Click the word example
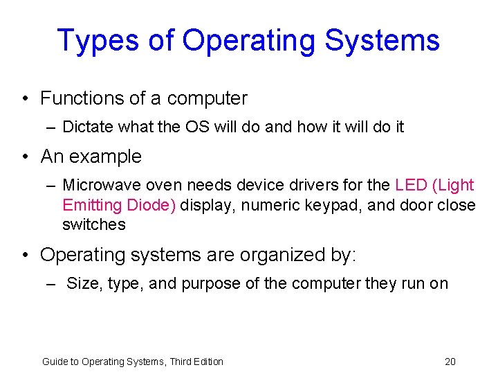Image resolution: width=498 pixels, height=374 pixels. [106, 157]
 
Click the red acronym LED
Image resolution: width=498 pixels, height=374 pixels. [409, 185]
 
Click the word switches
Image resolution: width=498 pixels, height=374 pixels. [94, 224]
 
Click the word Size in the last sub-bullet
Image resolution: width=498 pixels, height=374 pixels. [82, 283]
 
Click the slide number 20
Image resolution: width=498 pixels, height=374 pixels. [450, 361]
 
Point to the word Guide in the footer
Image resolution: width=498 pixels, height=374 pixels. [53, 361]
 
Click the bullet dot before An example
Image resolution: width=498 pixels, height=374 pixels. [26, 157]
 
